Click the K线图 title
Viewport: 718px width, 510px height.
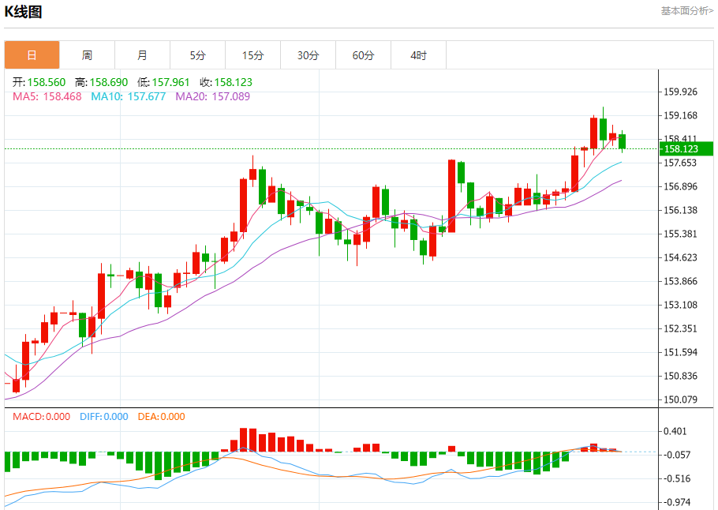point(24,12)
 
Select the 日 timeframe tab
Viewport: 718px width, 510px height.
point(32,55)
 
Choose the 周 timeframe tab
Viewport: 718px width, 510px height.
point(87,55)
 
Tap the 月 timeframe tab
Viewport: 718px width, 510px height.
point(142,55)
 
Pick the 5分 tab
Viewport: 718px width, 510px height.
point(197,55)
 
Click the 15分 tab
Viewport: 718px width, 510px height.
point(252,55)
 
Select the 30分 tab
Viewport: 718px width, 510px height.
point(308,55)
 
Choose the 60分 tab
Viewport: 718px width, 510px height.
point(363,55)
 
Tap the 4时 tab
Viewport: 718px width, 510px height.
point(418,55)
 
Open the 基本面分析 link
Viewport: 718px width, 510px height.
point(686,11)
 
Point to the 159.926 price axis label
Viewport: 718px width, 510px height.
point(680,92)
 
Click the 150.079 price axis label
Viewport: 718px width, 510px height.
point(680,399)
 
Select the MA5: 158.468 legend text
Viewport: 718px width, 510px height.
point(47,96)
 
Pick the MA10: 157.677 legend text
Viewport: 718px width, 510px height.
point(129,96)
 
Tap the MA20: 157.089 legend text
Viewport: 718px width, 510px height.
point(212,96)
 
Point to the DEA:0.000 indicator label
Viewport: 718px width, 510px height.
point(161,417)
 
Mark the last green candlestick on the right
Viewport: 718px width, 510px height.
point(623,141)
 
